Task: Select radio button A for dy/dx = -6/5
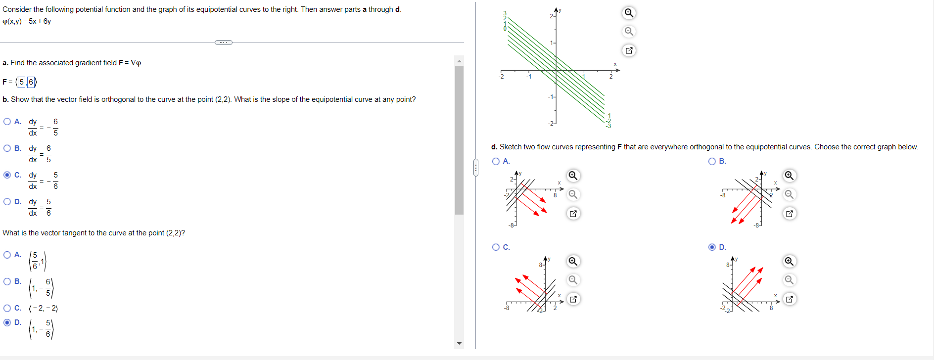click(7, 122)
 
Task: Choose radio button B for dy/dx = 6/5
click(7, 148)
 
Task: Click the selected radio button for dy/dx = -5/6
click(7, 175)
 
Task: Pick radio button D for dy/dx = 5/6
click(7, 202)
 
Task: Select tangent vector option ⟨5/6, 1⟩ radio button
click(7, 255)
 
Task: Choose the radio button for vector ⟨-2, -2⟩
click(7, 308)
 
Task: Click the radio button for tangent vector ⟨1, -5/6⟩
click(7, 322)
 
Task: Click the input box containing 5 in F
click(22, 82)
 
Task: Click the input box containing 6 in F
click(31, 82)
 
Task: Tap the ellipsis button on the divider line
click(224, 43)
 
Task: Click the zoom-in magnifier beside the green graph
click(629, 13)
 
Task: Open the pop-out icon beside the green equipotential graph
click(629, 50)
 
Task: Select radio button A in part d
click(496, 161)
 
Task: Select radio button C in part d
click(496, 247)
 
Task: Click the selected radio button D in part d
click(712, 247)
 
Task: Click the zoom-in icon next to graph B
click(789, 176)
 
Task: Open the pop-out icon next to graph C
click(573, 299)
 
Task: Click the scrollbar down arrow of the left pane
click(459, 343)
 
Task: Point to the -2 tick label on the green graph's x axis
click(501, 77)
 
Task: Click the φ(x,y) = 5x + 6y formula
click(27, 21)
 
